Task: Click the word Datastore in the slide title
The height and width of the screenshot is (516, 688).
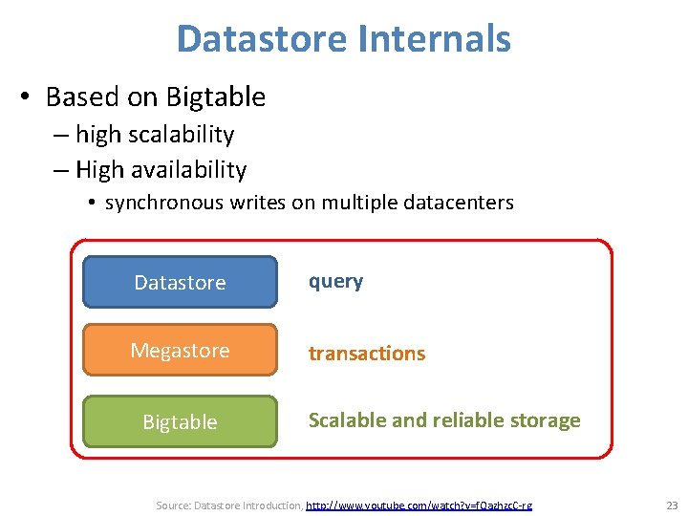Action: tap(259, 39)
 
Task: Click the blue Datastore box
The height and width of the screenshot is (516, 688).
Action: tap(180, 282)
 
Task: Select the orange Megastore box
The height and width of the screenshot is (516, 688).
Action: tap(180, 351)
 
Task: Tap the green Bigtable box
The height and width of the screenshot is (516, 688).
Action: tap(180, 421)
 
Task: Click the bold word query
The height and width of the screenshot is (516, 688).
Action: tap(334, 282)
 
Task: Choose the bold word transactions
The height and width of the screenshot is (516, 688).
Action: tap(366, 354)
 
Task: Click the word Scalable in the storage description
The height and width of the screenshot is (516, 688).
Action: tap(345, 420)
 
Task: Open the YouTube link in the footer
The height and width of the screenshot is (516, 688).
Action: tap(419, 505)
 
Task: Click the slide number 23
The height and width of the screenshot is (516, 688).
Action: tap(671, 505)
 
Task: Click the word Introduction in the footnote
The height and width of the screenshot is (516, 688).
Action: tap(270, 505)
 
